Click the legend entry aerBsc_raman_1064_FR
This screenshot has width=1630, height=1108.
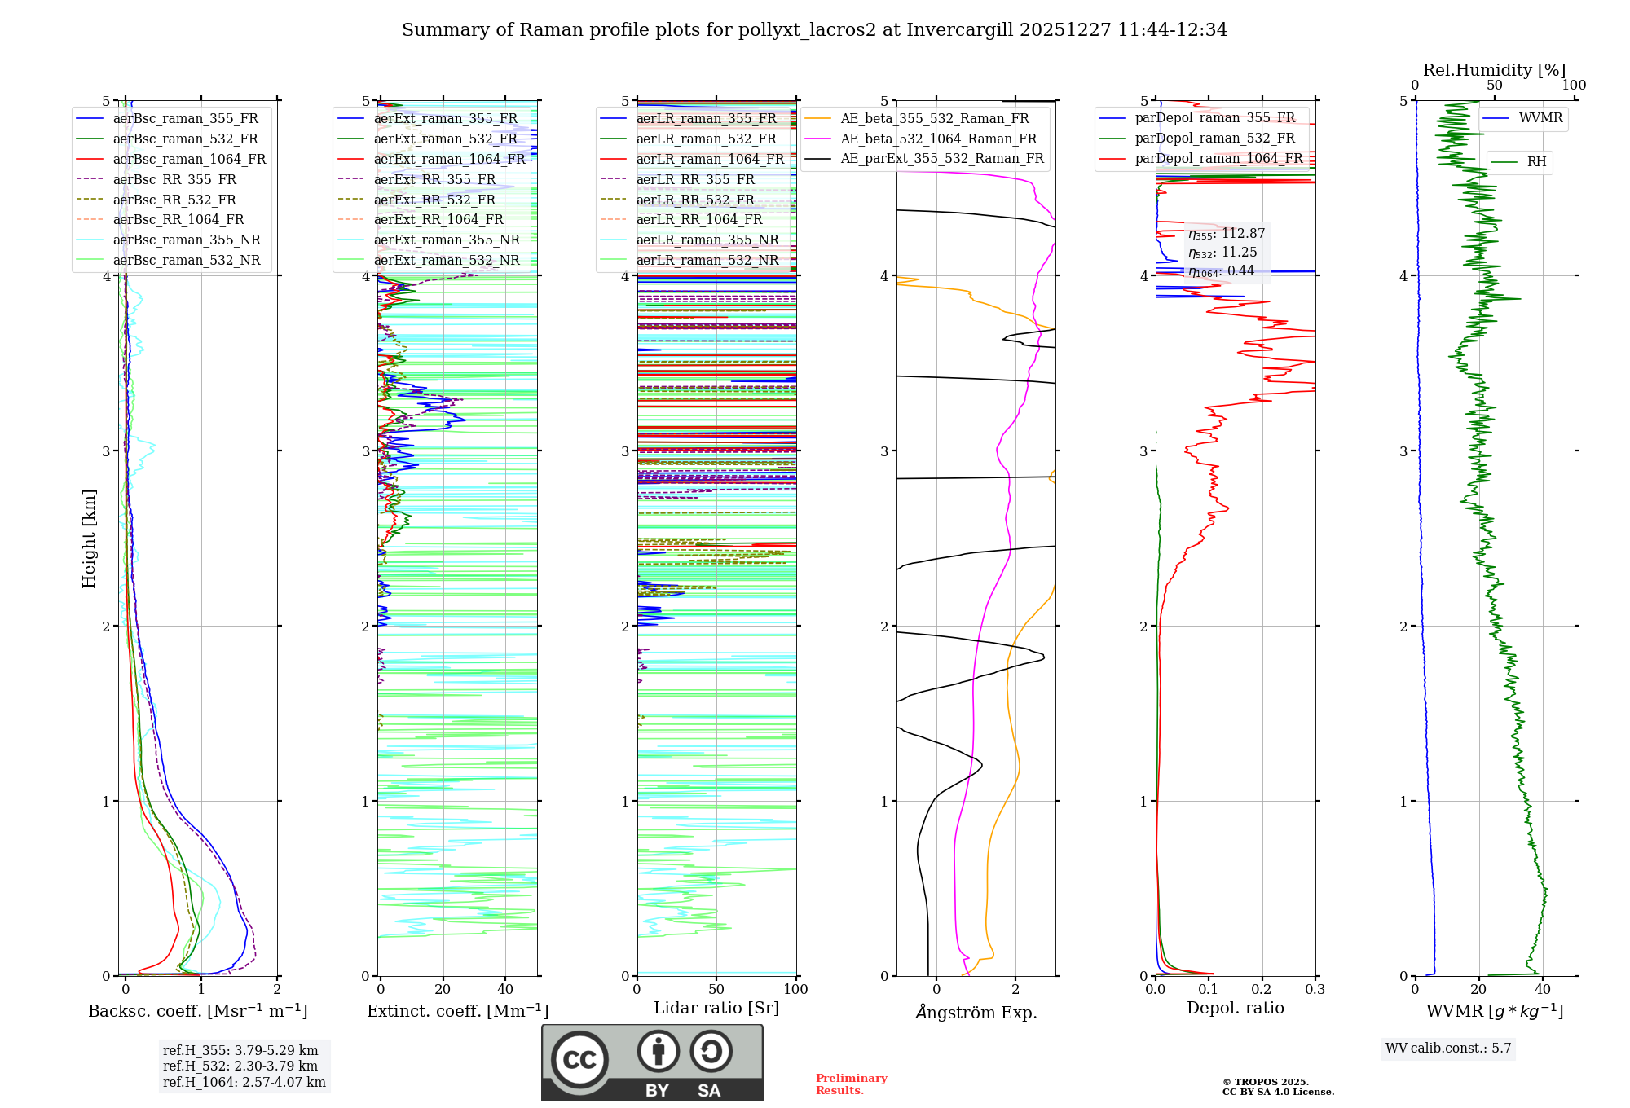coord(189,160)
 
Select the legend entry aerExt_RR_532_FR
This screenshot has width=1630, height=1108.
coord(434,200)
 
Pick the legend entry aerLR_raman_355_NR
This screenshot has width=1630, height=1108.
coord(707,240)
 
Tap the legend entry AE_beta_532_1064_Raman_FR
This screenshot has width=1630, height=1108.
coord(938,139)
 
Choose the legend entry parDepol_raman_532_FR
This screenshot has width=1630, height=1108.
coord(1214,138)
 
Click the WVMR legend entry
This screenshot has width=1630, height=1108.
coord(1540,118)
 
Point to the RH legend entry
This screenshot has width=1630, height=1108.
coord(1536,162)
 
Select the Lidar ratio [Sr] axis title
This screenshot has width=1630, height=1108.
coord(716,1009)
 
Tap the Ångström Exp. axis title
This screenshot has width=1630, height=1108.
coord(976,1013)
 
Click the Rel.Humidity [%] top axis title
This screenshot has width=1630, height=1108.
coord(1494,70)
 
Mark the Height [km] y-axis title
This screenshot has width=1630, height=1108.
coord(89,539)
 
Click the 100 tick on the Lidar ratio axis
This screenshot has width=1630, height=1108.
coord(795,990)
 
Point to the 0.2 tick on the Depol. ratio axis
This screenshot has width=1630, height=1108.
coord(1262,990)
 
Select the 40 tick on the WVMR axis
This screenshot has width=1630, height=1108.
coord(1543,990)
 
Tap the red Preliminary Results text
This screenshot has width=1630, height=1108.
coord(851,1084)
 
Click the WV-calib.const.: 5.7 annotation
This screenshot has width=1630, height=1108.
coord(1448,1049)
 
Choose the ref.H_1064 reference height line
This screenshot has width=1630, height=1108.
coord(244,1083)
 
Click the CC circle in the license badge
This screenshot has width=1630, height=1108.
coord(579,1060)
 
